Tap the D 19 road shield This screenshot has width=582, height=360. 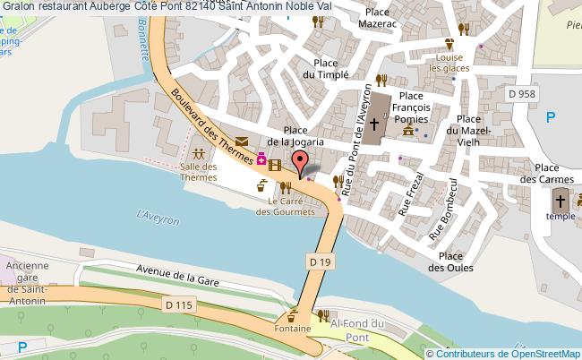click(321, 261)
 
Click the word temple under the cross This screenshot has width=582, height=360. click(561, 217)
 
